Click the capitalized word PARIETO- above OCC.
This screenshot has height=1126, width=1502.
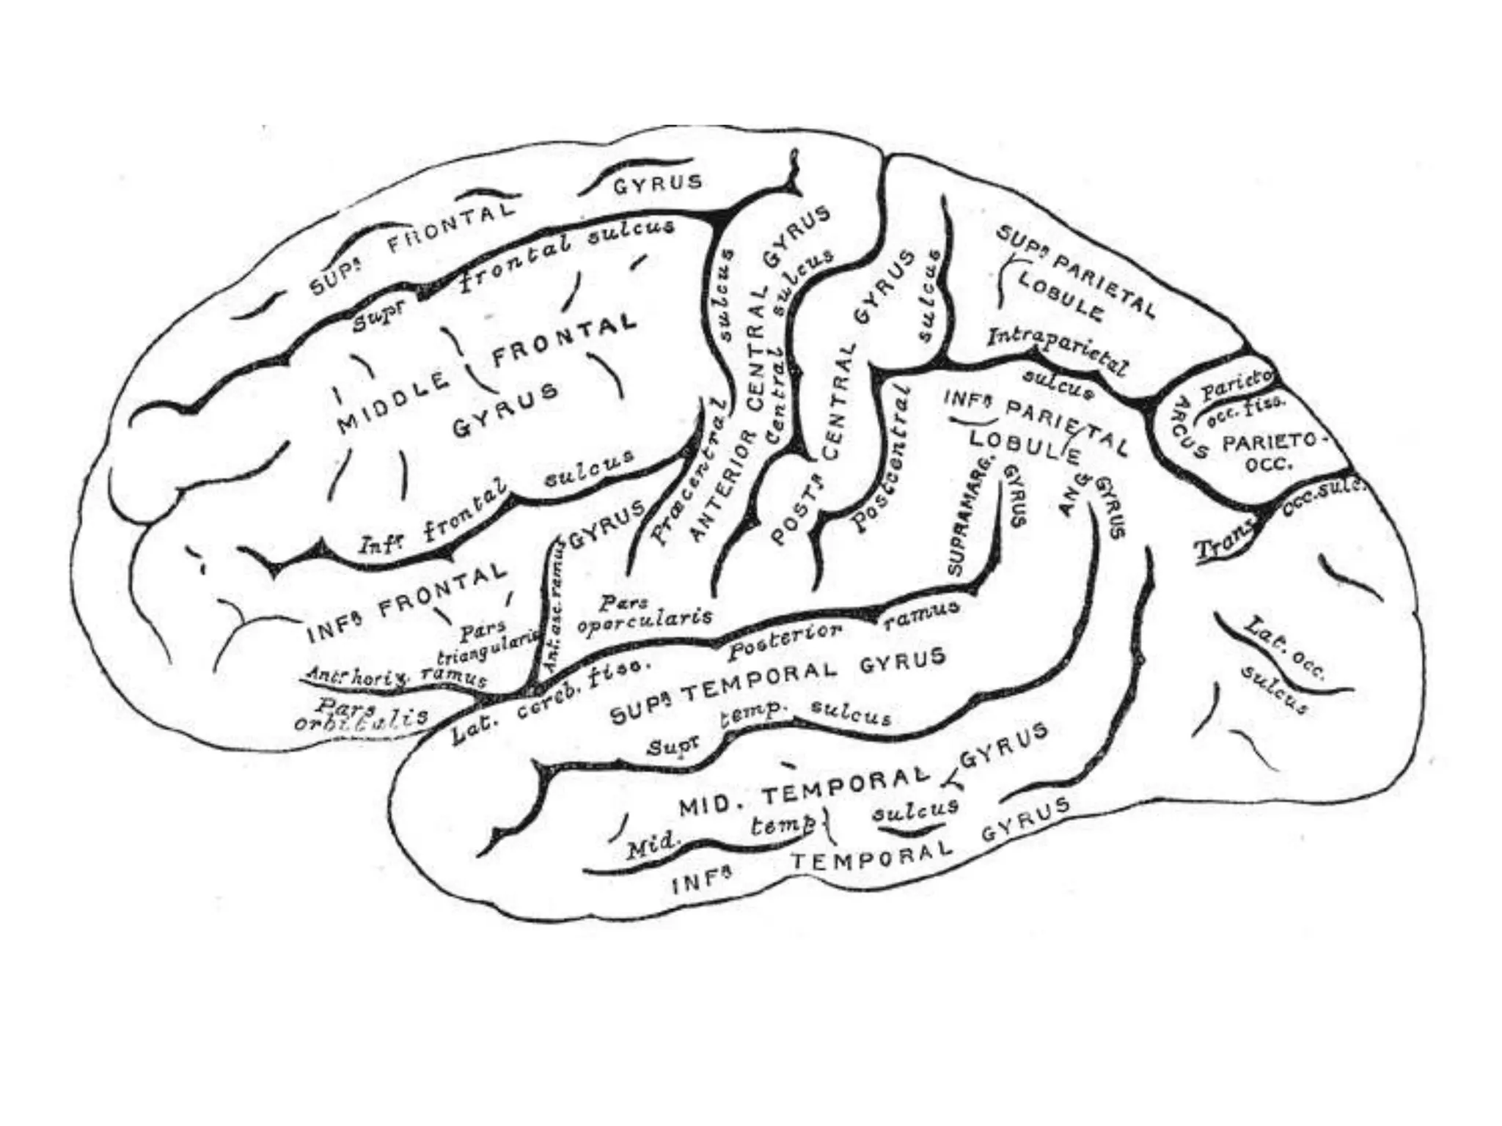(1275, 442)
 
